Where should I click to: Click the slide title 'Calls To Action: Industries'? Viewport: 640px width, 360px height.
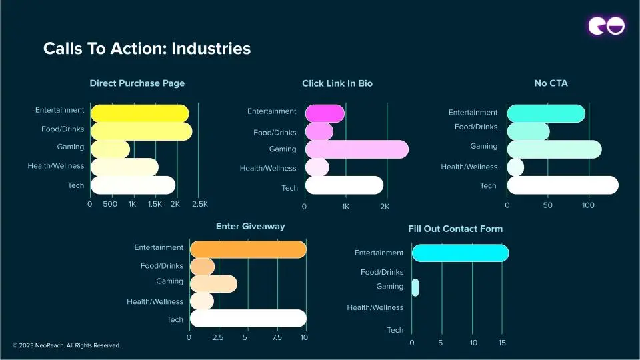(x=147, y=49)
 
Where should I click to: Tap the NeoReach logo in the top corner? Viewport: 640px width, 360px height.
(x=606, y=26)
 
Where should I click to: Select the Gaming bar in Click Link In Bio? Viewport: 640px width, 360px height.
(x=356, y=149)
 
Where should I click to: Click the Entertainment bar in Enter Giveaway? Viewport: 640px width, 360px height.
(x=247, y=249)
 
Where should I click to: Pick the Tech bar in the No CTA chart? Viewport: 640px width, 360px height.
(x=562, y=185)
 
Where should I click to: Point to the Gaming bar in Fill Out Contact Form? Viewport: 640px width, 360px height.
(x=415, y=287)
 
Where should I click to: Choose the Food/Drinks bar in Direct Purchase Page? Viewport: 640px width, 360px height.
(x=141, y=131)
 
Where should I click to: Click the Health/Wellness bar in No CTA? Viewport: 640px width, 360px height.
(x=515, y=167)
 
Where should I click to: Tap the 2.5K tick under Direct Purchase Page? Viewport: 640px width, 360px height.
(x=200, y=204)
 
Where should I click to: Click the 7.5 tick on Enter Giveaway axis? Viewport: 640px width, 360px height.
(x=277, y=337)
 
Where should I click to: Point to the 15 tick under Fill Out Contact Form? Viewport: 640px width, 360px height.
(x=502, y=343)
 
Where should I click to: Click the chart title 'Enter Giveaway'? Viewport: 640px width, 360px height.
(x=250, y=226)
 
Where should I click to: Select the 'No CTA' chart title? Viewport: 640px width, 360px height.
(x=551, y=83)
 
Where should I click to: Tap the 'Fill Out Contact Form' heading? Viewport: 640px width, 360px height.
(x=455, y=229)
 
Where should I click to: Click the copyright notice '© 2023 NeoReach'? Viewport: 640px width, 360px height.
(x=67, y=345)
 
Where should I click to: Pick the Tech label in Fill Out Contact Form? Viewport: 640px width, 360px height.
(x=395, y=330)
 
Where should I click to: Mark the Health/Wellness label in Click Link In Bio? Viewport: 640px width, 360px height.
(x=268, y=168)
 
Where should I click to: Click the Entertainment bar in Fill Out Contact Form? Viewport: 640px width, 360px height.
(x=460, y=253)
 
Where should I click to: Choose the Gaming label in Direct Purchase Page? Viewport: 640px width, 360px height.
(x=71, y=147)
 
